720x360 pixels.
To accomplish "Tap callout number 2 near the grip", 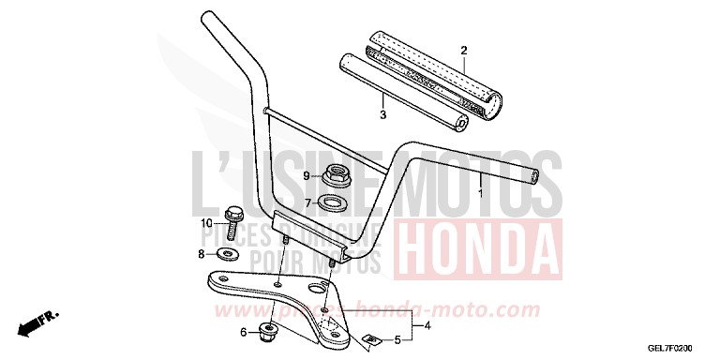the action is pos(463,50).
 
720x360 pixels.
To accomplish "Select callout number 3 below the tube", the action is pos(382,115).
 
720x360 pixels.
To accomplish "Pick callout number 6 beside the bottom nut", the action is pos(244,332).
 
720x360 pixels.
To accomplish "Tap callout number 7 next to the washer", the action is pos(307,202).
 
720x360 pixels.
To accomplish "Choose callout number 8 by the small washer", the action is pos(200,254).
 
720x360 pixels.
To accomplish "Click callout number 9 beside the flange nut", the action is pos(306,175).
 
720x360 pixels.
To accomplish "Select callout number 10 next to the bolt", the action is pos(205,223).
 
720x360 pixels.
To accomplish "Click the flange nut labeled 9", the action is pos(335,173).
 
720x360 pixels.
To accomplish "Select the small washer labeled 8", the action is pos(226,254).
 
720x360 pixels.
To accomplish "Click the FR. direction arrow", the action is pos(37,321).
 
